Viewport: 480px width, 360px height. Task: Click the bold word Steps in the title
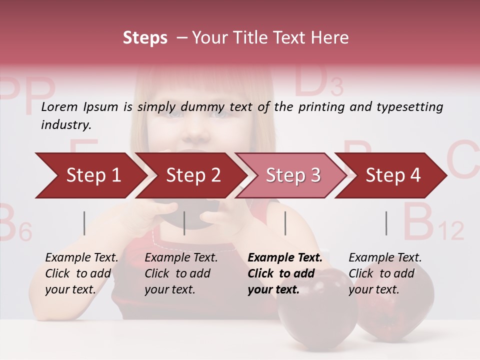tap(145, 38)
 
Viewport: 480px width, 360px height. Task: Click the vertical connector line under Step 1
tap(84, 223)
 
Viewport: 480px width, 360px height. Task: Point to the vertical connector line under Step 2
tap(184, 223)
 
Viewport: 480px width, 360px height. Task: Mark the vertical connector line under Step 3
tap(285, 223)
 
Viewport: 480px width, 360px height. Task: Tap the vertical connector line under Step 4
tap(386, 223)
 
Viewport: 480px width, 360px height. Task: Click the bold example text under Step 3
tap(285, 273)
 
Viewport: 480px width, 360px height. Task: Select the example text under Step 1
tap(81, 273)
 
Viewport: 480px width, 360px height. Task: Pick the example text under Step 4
tap(385, 273)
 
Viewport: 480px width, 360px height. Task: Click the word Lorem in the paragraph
tap(59, 106)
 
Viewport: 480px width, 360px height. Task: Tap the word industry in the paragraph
tap(65, 125)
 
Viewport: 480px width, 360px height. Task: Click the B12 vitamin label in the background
tap(432, 222)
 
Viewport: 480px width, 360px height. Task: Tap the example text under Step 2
tap(181, 273)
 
